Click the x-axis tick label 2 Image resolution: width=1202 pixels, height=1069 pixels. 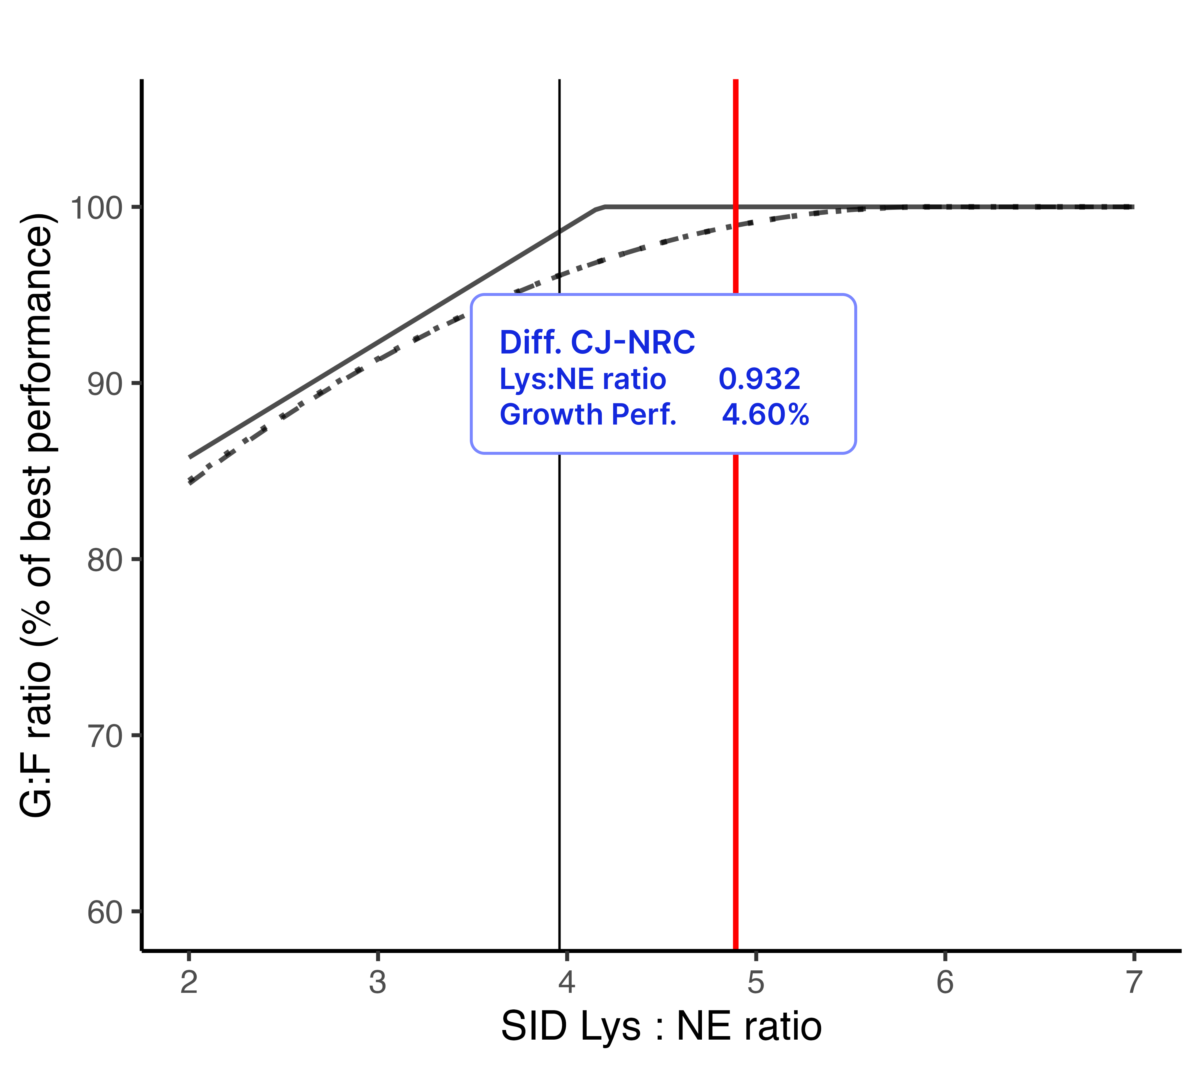tap(189, 982)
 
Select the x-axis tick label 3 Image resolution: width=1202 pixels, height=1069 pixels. tap(378, 982)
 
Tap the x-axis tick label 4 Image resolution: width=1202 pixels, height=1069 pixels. tap(566, 982)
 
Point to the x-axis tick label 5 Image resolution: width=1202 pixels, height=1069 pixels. tap(756, 982)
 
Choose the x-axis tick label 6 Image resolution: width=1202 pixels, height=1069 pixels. tap(944, 982)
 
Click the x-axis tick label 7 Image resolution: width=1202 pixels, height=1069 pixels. tap(1133, 982)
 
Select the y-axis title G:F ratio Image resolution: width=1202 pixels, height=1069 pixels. tap(36, 515)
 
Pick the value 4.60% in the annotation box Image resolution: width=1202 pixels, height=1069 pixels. tap(765, 415)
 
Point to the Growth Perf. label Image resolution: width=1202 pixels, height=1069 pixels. tap(588, 415)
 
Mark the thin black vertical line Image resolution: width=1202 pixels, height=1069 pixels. tap(559, 647)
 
